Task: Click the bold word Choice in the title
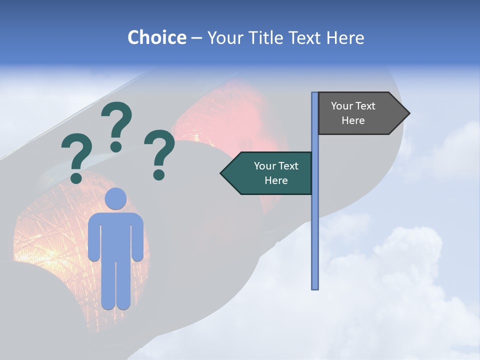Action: point(156,38)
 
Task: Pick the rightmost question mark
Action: point(159,154)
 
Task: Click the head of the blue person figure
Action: point(116,199)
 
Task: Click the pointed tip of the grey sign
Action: point(408,113)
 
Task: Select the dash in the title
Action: point(196,38)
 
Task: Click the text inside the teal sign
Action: point(276,173)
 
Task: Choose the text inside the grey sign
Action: point(353,113)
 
